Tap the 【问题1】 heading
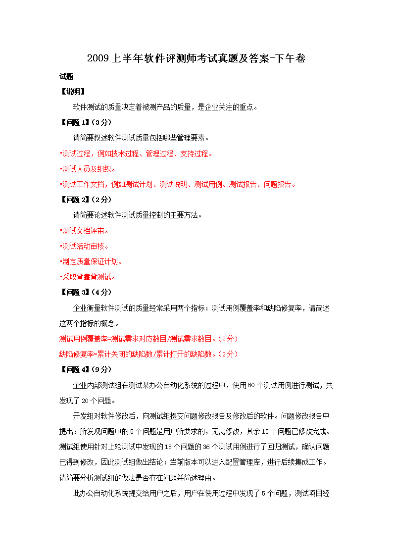74,122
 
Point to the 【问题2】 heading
74,200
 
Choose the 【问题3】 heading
74,292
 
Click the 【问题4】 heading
74,369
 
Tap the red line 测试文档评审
85,231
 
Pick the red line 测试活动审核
85,246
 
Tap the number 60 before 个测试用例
250,385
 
